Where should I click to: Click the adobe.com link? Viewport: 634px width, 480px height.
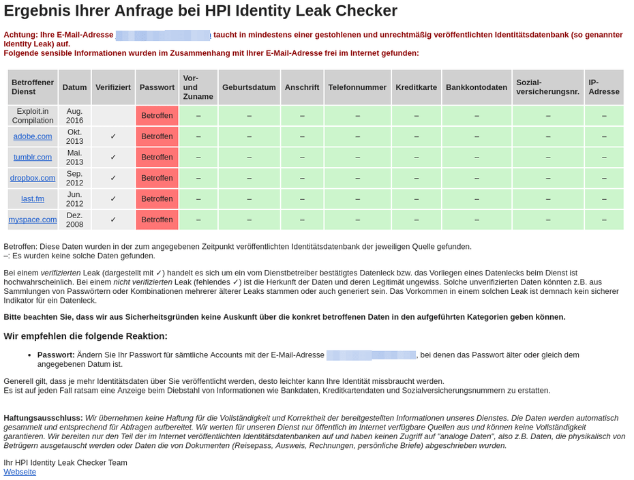33,136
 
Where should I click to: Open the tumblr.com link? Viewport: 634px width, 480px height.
33,157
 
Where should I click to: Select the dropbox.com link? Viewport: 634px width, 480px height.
33,178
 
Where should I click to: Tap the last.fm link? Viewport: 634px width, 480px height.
33,198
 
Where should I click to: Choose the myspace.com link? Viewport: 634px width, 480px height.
33,220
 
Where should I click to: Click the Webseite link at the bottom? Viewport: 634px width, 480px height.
20,472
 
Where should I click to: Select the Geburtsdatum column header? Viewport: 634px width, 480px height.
249,87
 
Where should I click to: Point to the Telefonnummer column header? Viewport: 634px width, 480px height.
357,87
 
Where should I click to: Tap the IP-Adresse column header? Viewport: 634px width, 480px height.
603,87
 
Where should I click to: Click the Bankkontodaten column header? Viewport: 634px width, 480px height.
477,87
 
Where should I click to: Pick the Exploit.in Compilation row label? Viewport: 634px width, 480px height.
33,115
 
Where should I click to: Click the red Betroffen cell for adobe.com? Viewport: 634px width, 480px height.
157,136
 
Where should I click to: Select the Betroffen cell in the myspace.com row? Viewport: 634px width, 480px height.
157,220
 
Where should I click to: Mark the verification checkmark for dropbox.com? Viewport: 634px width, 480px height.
113,178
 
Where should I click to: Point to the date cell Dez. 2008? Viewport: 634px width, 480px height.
74,220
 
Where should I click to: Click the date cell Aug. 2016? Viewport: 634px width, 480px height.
74,115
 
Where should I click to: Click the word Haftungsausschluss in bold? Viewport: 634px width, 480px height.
43,417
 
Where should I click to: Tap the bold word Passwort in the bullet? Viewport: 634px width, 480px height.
56,355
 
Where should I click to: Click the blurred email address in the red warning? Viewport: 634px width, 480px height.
163,35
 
